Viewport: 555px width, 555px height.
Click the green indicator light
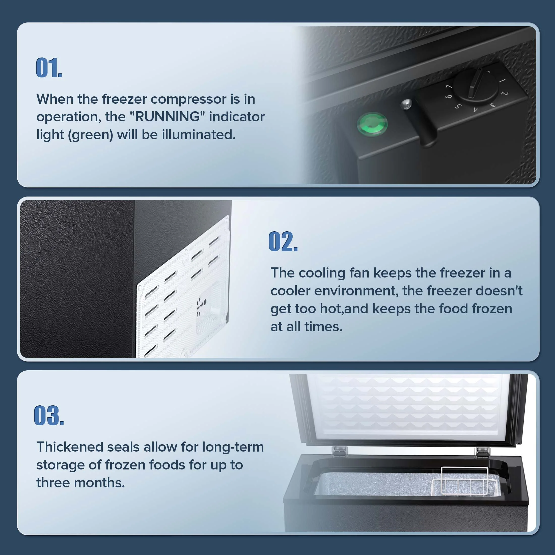[372, 124]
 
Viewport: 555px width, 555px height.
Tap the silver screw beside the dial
[406, 104]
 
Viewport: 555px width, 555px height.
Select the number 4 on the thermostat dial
[475, 109]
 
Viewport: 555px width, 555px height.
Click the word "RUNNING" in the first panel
[168, 117]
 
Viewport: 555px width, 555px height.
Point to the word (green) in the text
[91, 135]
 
